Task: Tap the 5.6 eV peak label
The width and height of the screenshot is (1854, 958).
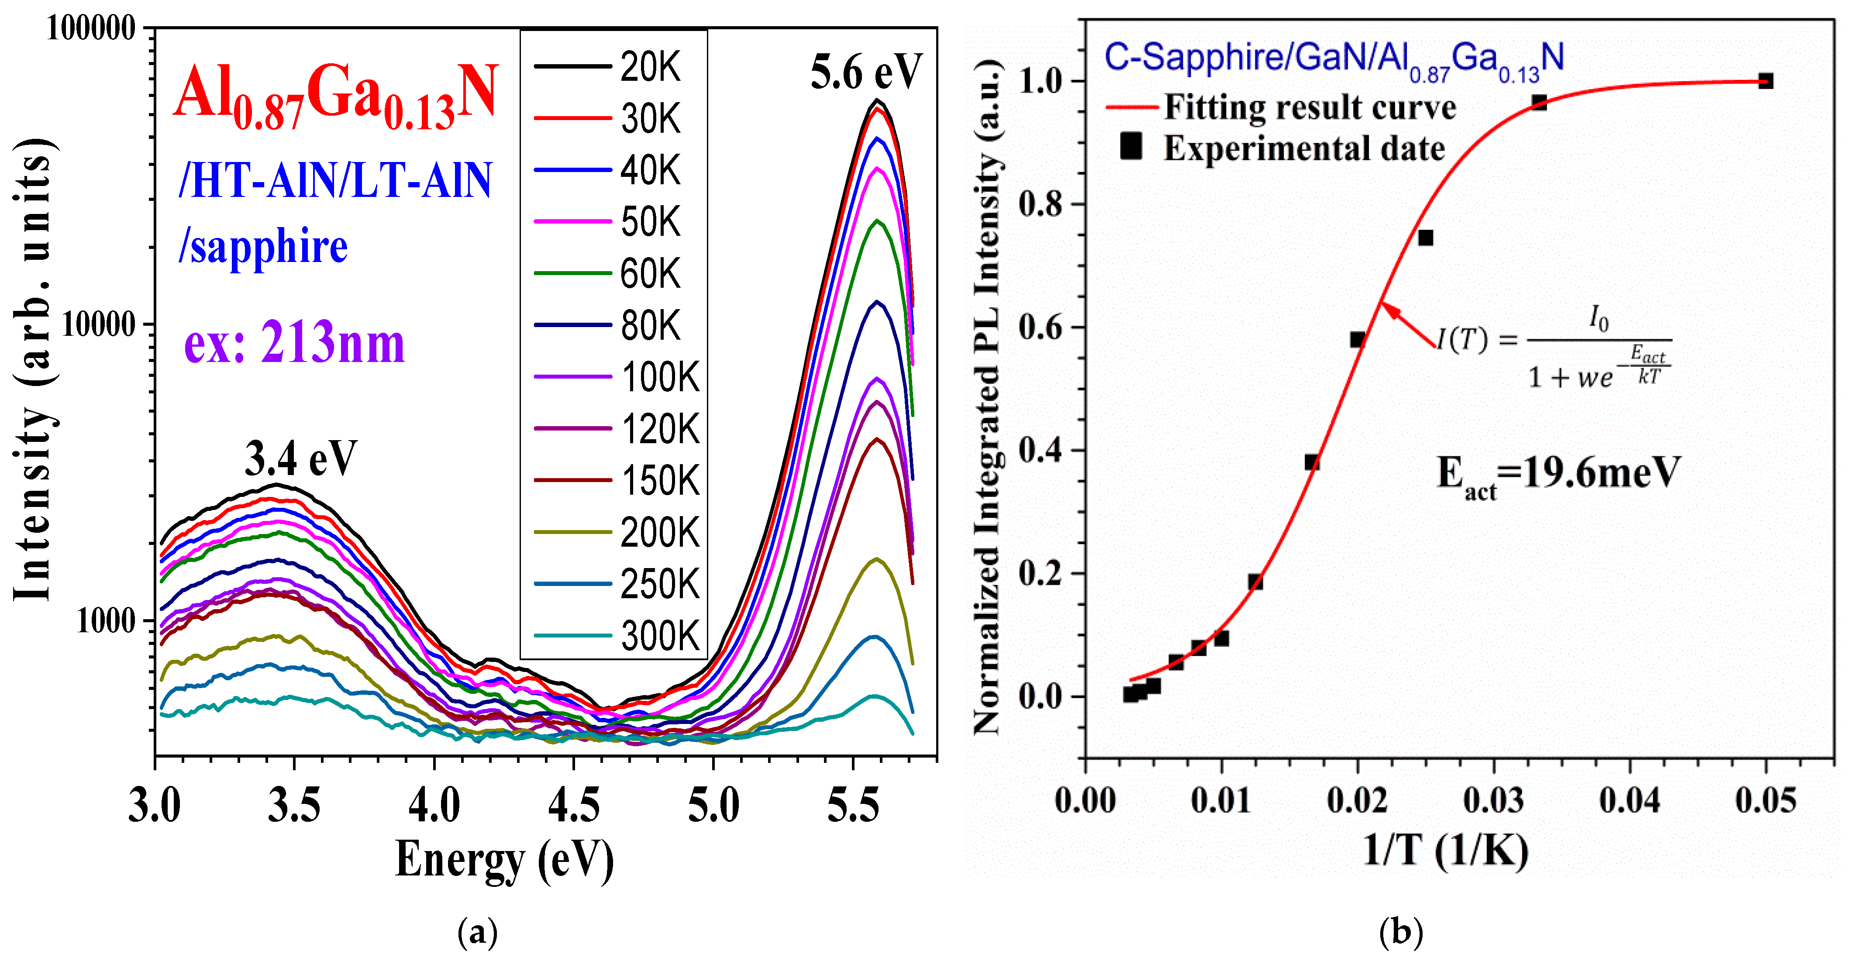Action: point(866,72)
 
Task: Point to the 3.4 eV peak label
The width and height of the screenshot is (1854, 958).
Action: point(301,458)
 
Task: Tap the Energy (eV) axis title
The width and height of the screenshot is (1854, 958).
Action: point(504,859)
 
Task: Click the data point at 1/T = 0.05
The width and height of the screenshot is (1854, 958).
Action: point(1765,81)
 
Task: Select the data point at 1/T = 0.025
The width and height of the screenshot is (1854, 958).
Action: point(1425,238)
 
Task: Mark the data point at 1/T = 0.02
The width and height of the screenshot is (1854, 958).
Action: point(1358,340)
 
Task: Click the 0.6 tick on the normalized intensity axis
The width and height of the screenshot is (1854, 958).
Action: point(1041,327)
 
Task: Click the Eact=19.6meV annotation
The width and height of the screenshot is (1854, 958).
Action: point(1558,475)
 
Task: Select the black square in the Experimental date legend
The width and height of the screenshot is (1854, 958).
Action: point(1130,146)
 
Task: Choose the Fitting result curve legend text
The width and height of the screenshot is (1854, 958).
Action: point(1310,107)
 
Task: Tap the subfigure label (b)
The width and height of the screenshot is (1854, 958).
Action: point(1401,933)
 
